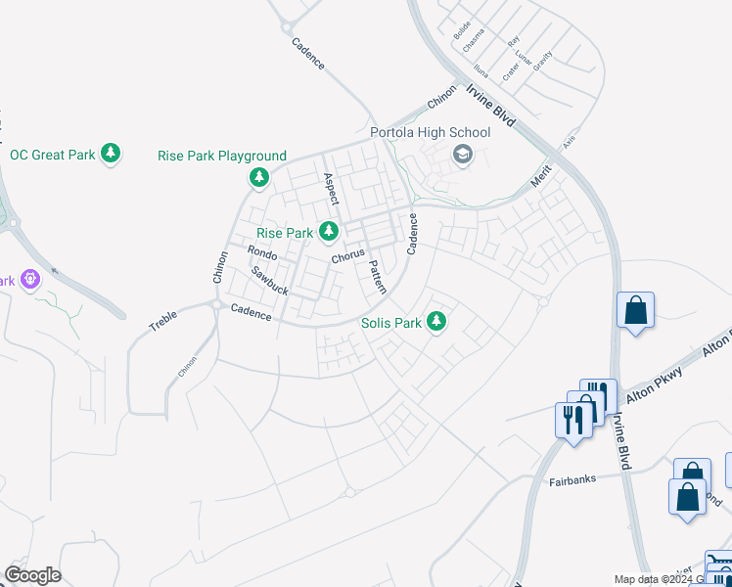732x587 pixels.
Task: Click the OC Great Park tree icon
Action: tap(112, 155)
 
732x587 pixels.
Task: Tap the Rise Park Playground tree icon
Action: tap(259, 177)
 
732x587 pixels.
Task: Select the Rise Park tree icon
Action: tap(330, 233)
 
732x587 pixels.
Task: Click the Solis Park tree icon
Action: tap(436, 321)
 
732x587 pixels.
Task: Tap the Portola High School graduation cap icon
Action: tap(461, 154)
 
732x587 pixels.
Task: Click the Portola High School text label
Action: tap(430, 133)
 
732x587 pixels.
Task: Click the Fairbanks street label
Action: tap(572, 481)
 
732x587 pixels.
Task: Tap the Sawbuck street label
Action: tap(268, 281)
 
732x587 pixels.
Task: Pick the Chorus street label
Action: tap(347, 256)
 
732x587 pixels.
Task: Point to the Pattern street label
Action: tap(378, 277)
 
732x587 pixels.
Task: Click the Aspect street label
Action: tap(331, 189)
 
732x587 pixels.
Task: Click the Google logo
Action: tap(32, 575)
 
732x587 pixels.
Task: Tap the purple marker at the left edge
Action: tap(30, 280)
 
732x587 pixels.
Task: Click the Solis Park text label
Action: tap(390, 322)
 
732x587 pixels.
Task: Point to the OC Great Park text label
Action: tap(52, 155)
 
